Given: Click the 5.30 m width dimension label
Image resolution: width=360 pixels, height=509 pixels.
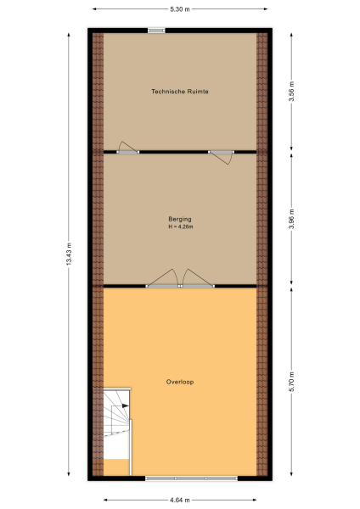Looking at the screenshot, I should click(180, 8).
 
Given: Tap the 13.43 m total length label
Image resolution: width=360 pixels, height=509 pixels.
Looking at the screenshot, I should click(69, 254).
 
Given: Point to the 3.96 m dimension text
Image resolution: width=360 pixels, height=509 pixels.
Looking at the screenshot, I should click(291, 219).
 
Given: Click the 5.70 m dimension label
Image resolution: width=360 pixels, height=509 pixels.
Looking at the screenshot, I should click(291, 380).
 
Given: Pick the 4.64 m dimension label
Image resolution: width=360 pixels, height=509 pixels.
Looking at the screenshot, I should click(180, 500).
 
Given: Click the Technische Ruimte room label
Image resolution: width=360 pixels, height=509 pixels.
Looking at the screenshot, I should click(180, 92).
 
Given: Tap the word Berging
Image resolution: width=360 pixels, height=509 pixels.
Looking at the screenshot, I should click(180, 220).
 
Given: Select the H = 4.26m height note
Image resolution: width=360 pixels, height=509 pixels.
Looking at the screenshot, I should click(180, 227).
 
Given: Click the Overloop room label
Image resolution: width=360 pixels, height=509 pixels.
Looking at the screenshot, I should click(180, 382).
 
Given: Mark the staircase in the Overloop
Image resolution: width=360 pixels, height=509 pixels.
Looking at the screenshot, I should click(116, 431).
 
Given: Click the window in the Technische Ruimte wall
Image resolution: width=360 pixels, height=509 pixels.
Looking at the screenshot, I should click(156, 31).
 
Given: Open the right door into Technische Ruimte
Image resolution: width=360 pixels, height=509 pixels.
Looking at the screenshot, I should click(222, 154).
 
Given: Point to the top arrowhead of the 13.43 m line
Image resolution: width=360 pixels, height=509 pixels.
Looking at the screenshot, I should click(69, 31).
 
